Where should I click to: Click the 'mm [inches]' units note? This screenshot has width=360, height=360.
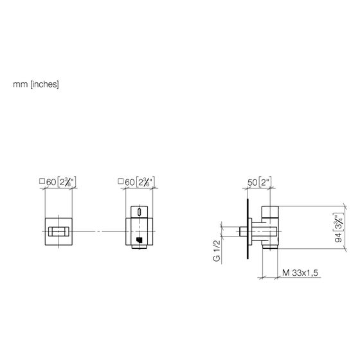36,84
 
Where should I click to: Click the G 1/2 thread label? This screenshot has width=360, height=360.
217,251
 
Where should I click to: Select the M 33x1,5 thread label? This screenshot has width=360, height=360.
300,273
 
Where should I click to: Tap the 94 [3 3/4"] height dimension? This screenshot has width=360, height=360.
339,228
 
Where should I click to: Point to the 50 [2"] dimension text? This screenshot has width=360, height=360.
260,182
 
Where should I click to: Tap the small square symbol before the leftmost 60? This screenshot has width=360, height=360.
42,181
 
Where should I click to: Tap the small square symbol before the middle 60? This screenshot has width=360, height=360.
120,181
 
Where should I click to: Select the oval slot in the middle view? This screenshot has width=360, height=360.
139,212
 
